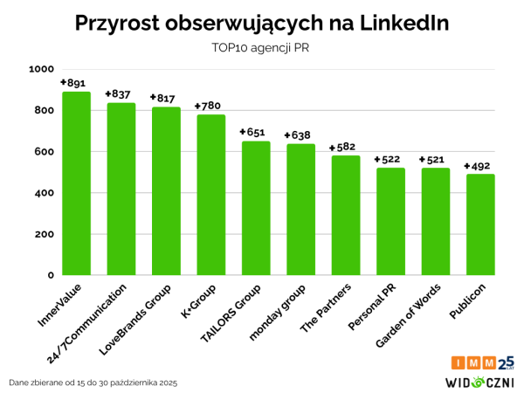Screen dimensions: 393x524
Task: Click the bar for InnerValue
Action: tap(76, 183)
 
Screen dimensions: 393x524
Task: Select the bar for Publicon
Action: tap(480, 224)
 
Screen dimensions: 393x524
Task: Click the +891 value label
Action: tap(73, 83)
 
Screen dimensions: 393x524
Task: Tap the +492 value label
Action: tap(479, 166)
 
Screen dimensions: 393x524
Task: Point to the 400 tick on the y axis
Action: tap(43, 193)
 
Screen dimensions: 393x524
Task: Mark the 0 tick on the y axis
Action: tap(50, 275)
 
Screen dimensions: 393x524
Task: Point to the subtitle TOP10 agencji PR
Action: tap(261, 48)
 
